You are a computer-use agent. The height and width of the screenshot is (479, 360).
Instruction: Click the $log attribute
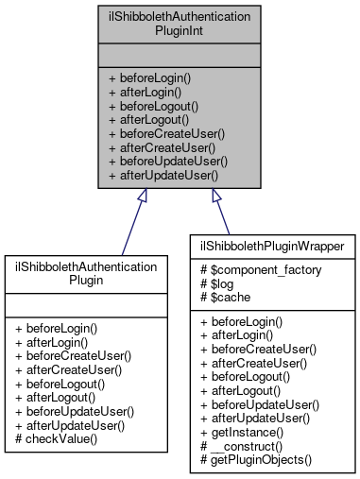pyautogui.click(x=217, y=282)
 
